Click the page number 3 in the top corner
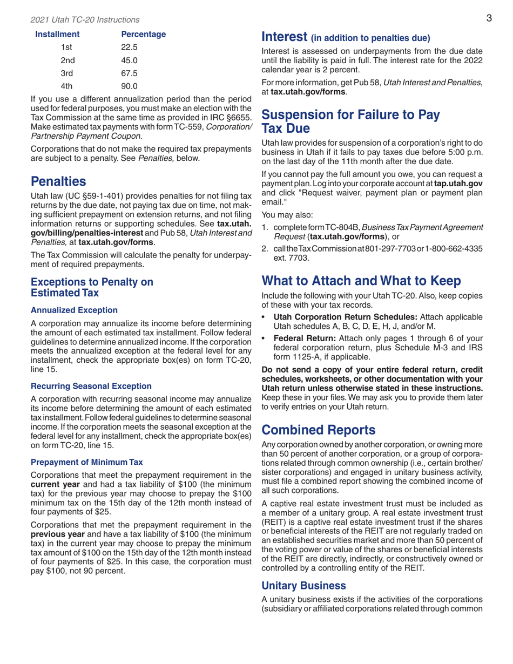pyautogui.click(x=488, y=18)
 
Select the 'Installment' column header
pyautogui.click(x=58, y=35)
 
